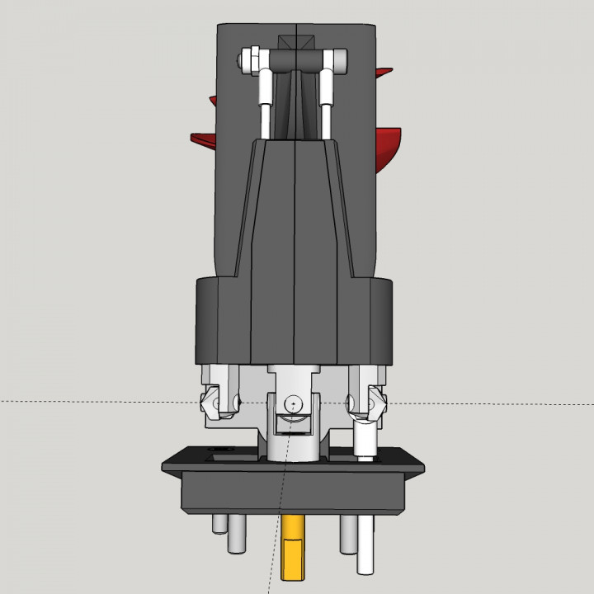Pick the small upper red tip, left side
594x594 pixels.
pos(212,101)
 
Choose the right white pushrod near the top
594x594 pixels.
pos(327,103)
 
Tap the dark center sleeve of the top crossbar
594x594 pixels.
pos(295,59)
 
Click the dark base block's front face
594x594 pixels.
pos(295,491)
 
